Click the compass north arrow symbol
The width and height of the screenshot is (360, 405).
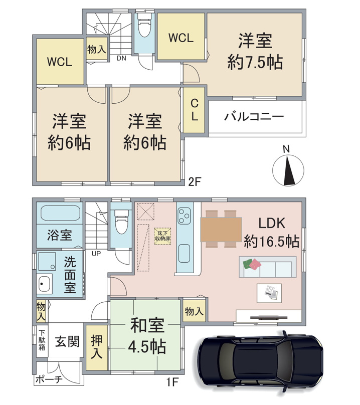coord(288,170)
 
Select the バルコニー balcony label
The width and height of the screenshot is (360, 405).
coord(254,117)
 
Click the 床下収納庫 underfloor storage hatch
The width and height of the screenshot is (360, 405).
coord(162,236)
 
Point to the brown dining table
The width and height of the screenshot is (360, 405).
coord(221,230)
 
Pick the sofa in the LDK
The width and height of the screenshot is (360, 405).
coord(268,267)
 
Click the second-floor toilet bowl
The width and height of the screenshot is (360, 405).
coord(144,25)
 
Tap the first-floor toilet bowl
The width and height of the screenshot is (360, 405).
coord(121,222)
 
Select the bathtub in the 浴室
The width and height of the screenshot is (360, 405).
coord(61,213)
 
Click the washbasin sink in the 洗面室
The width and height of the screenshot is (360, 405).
coord(45,284)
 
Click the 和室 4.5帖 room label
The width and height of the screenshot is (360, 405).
coord(147,336)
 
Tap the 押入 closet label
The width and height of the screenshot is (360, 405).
coord(97,347)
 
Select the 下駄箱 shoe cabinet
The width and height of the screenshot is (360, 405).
coord(42,340)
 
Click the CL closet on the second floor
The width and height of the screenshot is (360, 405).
coord(195,110)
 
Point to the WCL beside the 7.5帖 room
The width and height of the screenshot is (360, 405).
coord(181,37)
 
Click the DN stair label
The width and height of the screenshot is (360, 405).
coord(121,58)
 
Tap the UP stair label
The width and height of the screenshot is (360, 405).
coord(96,254)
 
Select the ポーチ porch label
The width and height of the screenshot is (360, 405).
coord(49,379)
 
